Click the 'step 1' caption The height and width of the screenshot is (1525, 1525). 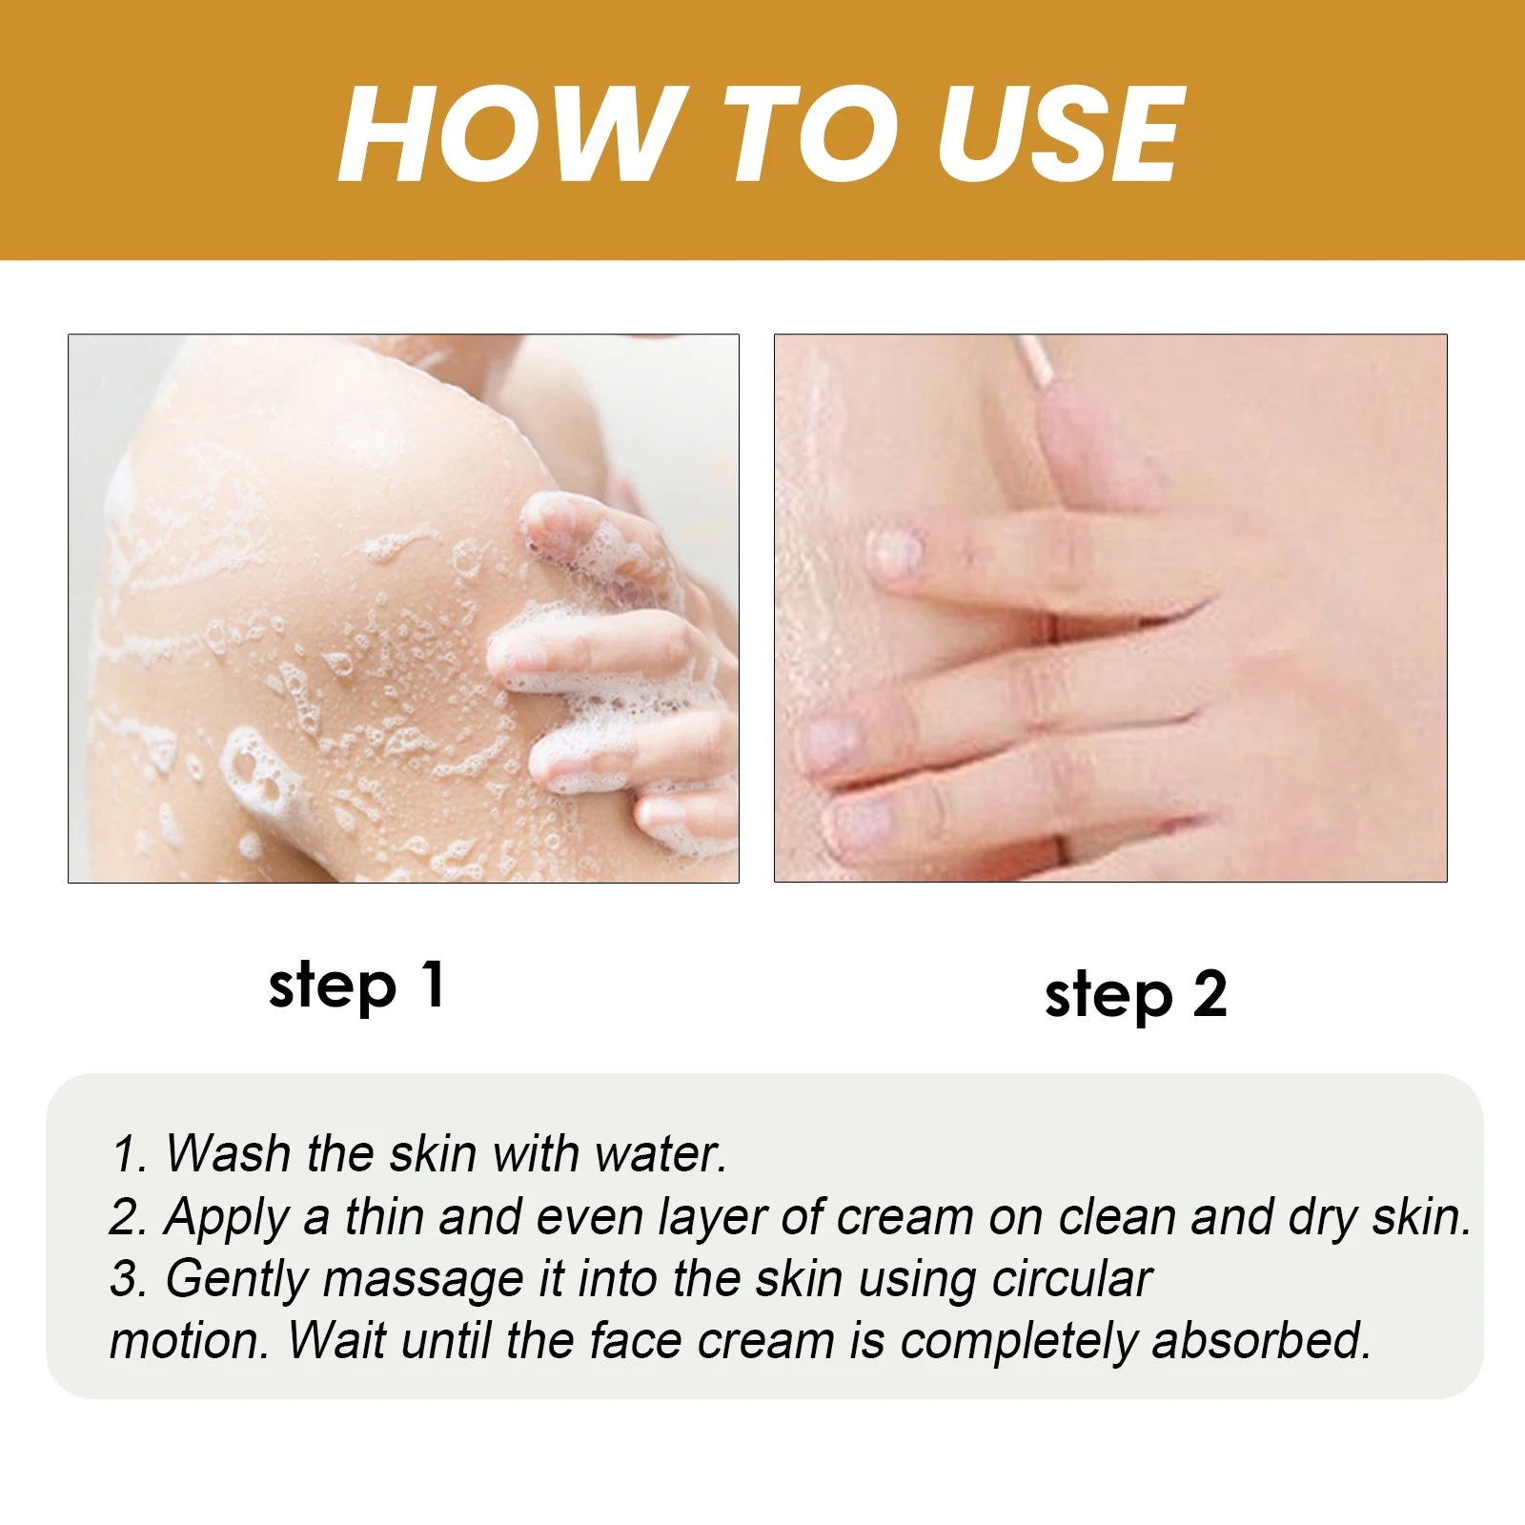(x=356, y=986)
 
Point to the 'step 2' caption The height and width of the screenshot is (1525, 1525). (x=1135, y=996)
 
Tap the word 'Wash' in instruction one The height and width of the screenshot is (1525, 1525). (x=228, y=1153)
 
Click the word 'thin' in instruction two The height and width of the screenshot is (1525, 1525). (x=384, y=1216)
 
